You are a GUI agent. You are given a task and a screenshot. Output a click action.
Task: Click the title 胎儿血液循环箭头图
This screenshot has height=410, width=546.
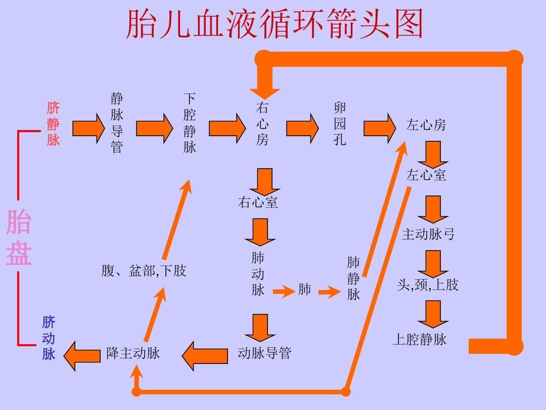tap(274, 24)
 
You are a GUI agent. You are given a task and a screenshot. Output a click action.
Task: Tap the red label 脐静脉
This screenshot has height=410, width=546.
tap(53, 124)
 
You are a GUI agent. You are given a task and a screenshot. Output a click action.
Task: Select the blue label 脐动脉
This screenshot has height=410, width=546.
tap(49, 338)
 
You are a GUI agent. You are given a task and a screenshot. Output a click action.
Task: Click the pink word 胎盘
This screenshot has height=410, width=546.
tap(19, 238)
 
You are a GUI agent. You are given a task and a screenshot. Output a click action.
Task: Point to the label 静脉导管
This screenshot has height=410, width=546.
tap(117, 123)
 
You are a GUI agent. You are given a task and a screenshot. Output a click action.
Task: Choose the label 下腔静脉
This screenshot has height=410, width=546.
tap(190, 123)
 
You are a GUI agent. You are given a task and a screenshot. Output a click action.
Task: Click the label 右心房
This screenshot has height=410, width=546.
tap(262, 124)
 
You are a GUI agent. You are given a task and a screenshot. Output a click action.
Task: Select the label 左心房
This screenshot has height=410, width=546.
tap(426, 125)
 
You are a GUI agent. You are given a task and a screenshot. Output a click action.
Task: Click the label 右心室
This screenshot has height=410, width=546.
tap(258, 202)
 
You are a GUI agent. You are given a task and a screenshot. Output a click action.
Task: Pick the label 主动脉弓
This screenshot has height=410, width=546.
tap(428, 234)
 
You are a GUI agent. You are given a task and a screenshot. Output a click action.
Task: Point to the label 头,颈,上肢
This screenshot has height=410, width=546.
tap(428, 285)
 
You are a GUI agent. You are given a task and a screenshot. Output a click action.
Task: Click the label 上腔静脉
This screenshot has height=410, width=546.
tap(420, 339)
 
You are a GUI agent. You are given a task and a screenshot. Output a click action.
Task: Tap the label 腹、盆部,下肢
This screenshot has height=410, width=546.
tap(144, 271)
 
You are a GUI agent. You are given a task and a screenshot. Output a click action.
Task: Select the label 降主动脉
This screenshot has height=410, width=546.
tap(133, 353)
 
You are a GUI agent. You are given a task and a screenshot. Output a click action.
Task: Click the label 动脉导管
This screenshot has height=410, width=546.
tap(264, 353)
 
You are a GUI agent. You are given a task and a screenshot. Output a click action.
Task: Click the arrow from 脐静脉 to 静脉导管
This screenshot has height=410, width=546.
tap(88, 129)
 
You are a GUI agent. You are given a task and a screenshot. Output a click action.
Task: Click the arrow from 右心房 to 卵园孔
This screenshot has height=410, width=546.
tap(302, 128)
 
